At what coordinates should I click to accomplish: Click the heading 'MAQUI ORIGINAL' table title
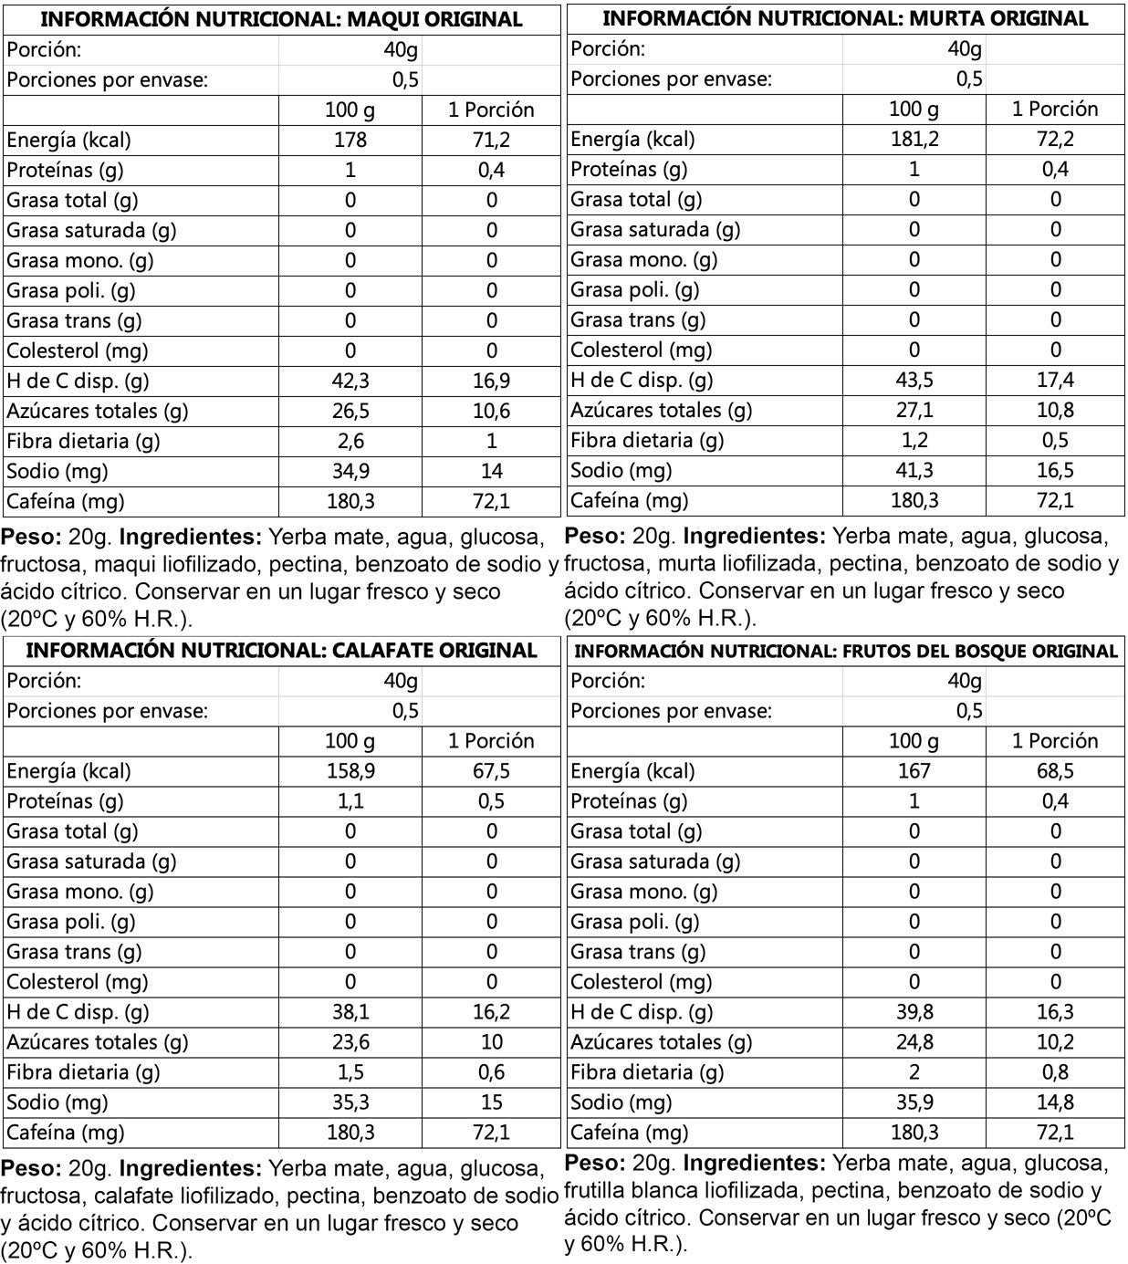(x=281, y=19)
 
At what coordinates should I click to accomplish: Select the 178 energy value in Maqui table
(x=350, y=140)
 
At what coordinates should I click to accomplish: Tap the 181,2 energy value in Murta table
(x=914, y=139)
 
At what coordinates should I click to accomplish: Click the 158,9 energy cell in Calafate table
(x=350, y=771)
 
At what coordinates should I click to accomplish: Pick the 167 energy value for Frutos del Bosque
(x=914, y=771)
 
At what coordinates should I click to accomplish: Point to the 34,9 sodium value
(x=350, y=471)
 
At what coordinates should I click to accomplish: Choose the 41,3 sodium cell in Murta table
(x=914, y=470)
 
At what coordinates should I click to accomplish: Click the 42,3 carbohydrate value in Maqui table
(x=350, y=381)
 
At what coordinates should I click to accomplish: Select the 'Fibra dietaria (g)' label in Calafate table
(x=83, y=1072)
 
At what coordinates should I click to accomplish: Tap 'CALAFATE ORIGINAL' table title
(x=281, y=651)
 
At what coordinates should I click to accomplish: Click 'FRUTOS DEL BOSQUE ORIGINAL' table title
(x=845, y=652)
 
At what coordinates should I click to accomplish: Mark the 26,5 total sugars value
(x=350, y=411)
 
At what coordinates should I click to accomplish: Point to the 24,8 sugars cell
(x=914, y=1042)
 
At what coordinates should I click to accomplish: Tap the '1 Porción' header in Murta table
(x=1055, y=110)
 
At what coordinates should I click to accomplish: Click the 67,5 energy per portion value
(x=491, y=771)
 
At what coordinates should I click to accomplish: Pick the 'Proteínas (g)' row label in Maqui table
(x=65, y=170)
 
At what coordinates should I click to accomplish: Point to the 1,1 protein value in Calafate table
(x=350, y=801)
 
